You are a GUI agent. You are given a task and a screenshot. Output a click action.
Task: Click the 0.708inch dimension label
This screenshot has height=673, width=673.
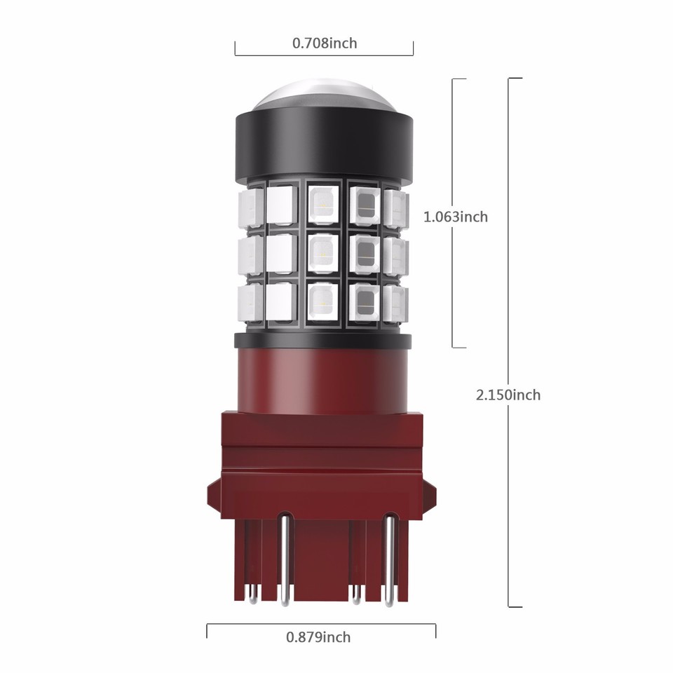[324, 43]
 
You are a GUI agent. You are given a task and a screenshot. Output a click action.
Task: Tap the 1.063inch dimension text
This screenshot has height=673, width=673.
[455, 217]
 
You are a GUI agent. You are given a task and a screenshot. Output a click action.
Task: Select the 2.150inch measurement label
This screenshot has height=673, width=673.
[508, 395]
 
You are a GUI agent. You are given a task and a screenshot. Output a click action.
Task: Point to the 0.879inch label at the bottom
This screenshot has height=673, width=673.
[318, 637]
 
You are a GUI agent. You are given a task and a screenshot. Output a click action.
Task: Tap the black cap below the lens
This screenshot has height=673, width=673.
[323, 147]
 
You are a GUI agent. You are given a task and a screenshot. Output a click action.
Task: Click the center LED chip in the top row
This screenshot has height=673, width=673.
[322, 203]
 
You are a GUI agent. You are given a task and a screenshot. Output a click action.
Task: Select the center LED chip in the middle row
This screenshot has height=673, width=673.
[322, 254]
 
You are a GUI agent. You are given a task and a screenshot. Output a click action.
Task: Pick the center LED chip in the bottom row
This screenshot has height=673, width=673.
[322, 302]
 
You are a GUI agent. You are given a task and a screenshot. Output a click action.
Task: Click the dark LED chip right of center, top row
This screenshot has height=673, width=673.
[364, 204]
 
